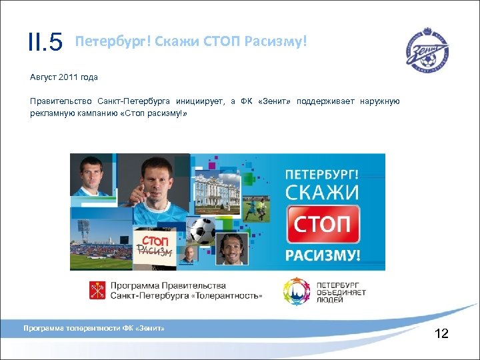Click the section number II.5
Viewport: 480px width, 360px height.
45,43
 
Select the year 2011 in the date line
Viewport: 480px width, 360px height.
69,77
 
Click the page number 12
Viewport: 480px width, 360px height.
441,333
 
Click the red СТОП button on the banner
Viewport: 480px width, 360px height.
323,224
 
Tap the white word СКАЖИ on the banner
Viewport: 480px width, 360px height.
323,193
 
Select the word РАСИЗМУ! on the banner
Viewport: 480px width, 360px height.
323,255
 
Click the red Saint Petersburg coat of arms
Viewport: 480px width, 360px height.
97,290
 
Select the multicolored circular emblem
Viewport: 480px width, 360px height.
297,291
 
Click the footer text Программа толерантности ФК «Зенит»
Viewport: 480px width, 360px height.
93,328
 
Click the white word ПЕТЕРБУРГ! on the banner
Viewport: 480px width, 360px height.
323,174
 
